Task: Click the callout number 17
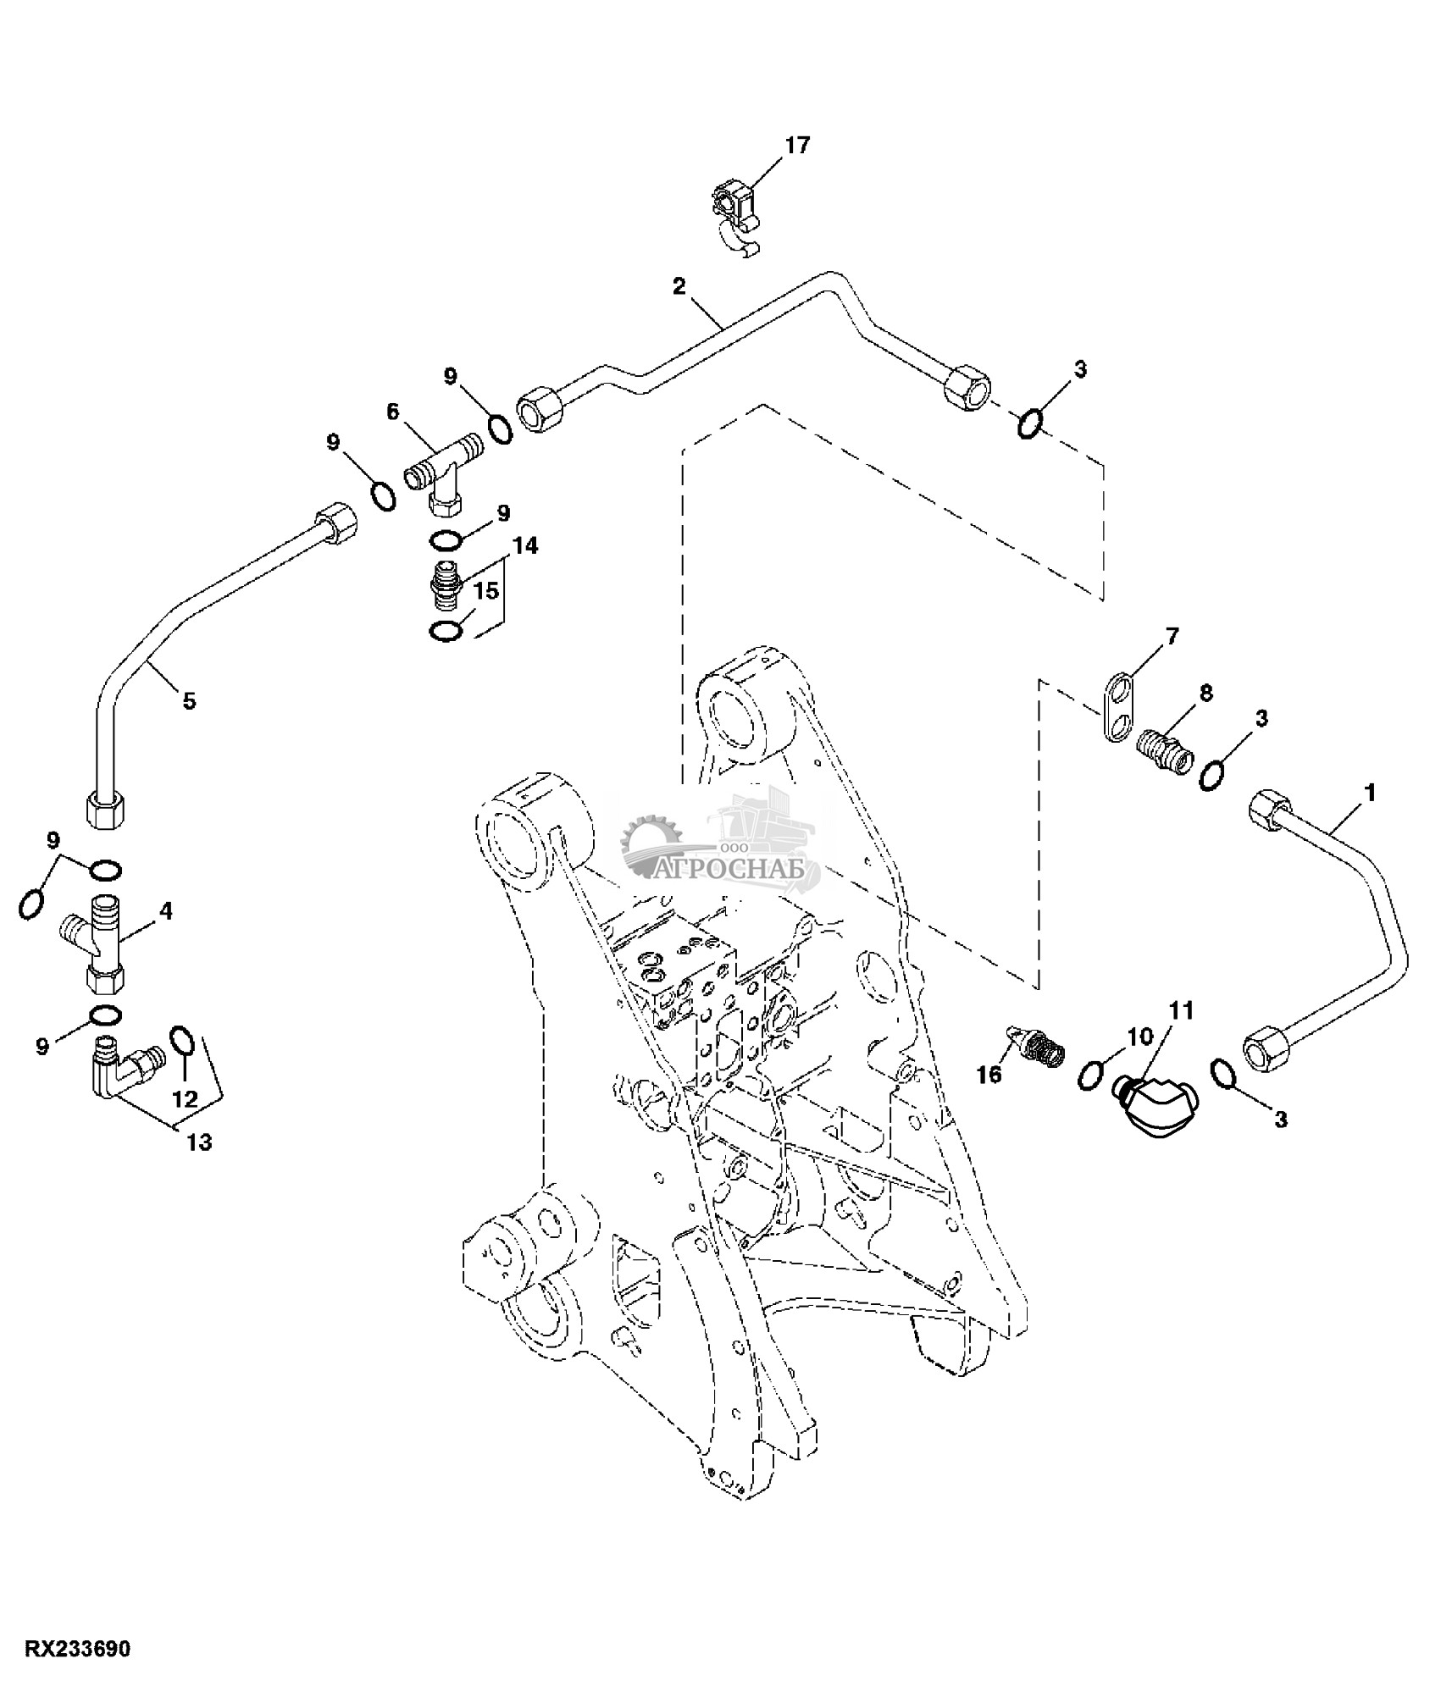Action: [x=797, y=145]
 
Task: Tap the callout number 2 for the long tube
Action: [x=679, y=286]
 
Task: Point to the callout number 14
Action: [x=525, y=545]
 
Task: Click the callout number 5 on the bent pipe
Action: [x=189, y=701]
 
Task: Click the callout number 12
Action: [x=185, y=1099]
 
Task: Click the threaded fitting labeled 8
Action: [x=1165, y=745]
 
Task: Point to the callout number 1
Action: [x=1369, y=793]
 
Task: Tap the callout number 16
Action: [x=989, y=1075]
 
